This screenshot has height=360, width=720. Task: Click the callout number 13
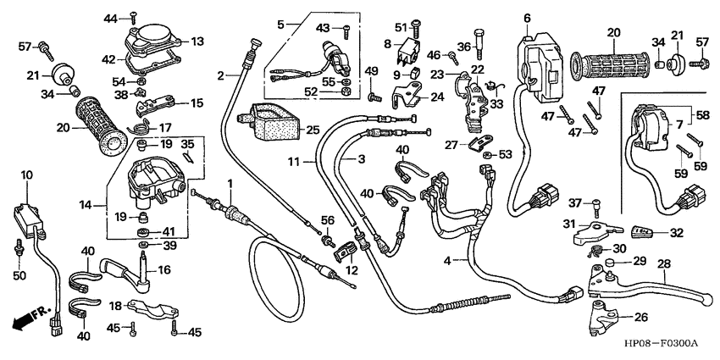click(x=197, y=41)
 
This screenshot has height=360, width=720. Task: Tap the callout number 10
click(x=26, y=175)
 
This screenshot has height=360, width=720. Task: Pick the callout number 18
click(x=111, y=305)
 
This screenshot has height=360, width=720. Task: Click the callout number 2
click(x=221, y=75)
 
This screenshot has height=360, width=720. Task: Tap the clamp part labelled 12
click(x=346, y=252)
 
